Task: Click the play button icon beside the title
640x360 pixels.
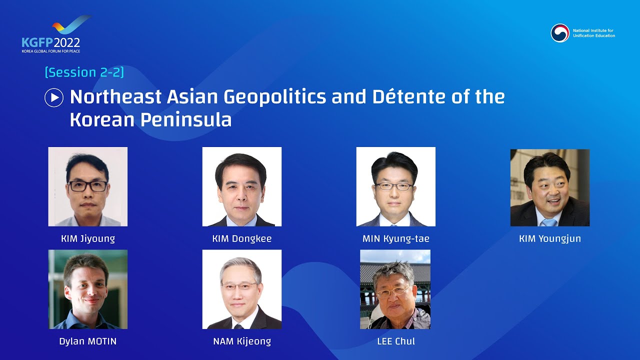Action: pos(54,97)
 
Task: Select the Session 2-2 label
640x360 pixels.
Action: pos(84,72)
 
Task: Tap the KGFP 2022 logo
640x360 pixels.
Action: pos(51,37)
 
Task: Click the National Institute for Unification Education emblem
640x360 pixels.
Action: pos(560,33)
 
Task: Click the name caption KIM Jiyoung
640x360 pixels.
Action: pos(88,238)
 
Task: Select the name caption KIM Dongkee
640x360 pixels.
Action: pos(242,238)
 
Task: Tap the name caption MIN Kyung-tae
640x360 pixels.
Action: pos(396,238)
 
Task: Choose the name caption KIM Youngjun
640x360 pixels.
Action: pos(550,238)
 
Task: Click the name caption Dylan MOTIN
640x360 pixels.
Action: pos(88,341)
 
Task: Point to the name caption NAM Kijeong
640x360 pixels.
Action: pos(242,341)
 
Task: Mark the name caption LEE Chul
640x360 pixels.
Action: pos(396,341)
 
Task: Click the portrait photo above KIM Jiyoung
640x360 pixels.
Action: pos(88,186)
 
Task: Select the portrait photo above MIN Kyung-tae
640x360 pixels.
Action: pos(396,186)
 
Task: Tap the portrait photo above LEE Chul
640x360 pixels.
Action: pos(395,289)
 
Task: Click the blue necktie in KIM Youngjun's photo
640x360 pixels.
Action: pos(548,222)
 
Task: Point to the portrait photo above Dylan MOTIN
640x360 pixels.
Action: pos(88,289)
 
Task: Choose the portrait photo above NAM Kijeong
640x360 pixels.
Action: pos(242,289)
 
